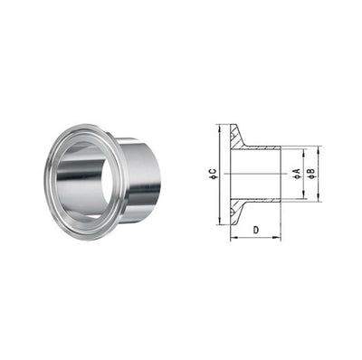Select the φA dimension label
coord(295,173)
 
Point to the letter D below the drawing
coord(256,231)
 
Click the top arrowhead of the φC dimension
coord(219,128)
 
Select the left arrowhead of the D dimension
coord(233,238)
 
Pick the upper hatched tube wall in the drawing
coord(262,147)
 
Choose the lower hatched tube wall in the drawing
coord(262,198)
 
